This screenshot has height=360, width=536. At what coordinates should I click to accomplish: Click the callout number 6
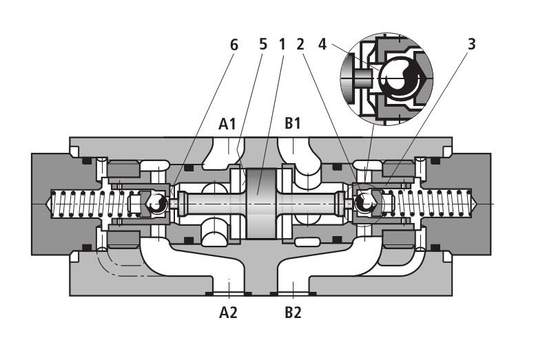234,45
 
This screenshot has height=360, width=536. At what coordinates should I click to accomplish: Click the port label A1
228,125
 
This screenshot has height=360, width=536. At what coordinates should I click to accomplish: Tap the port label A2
228,313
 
